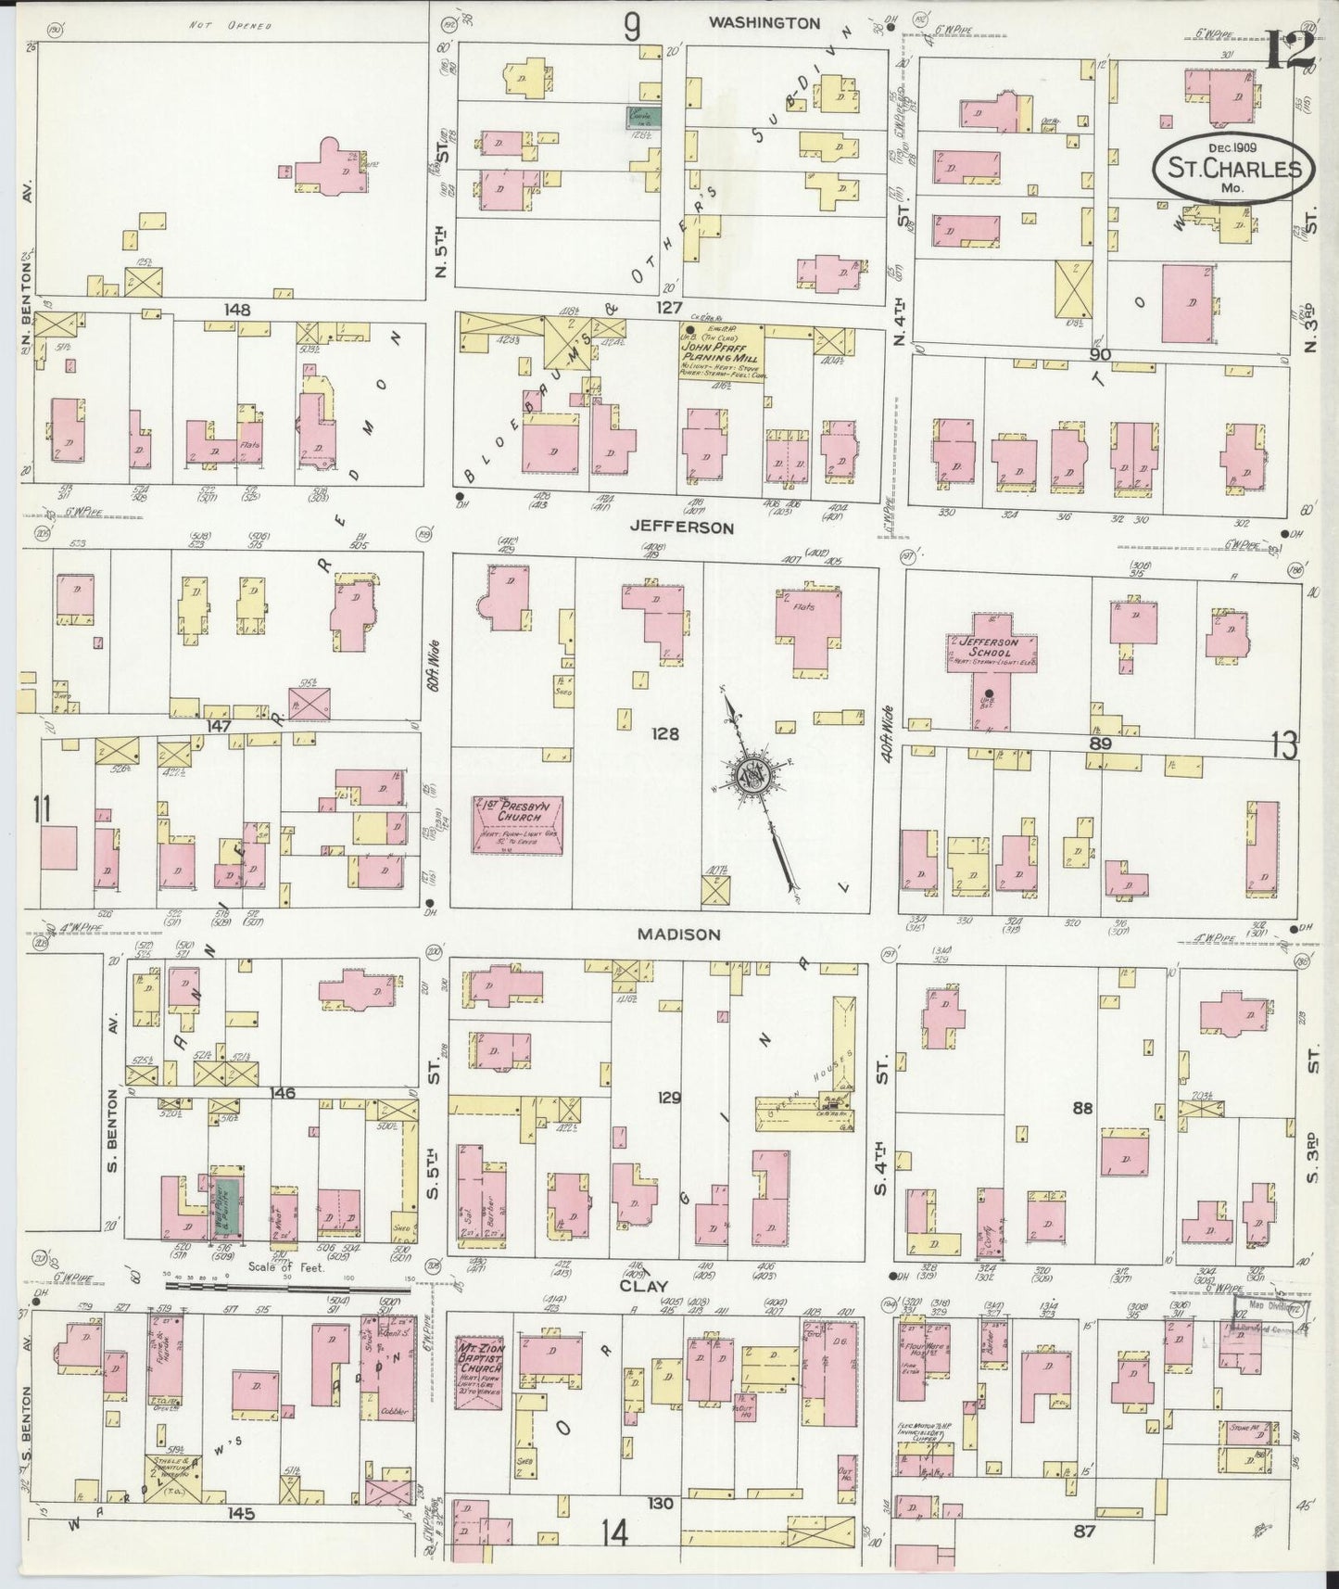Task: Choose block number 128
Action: pos(665,734)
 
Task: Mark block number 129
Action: pos(669,1098)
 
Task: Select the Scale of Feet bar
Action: pos(287,1286)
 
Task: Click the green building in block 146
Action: pos(227,1209)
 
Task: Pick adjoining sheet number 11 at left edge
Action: pos(40,809)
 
